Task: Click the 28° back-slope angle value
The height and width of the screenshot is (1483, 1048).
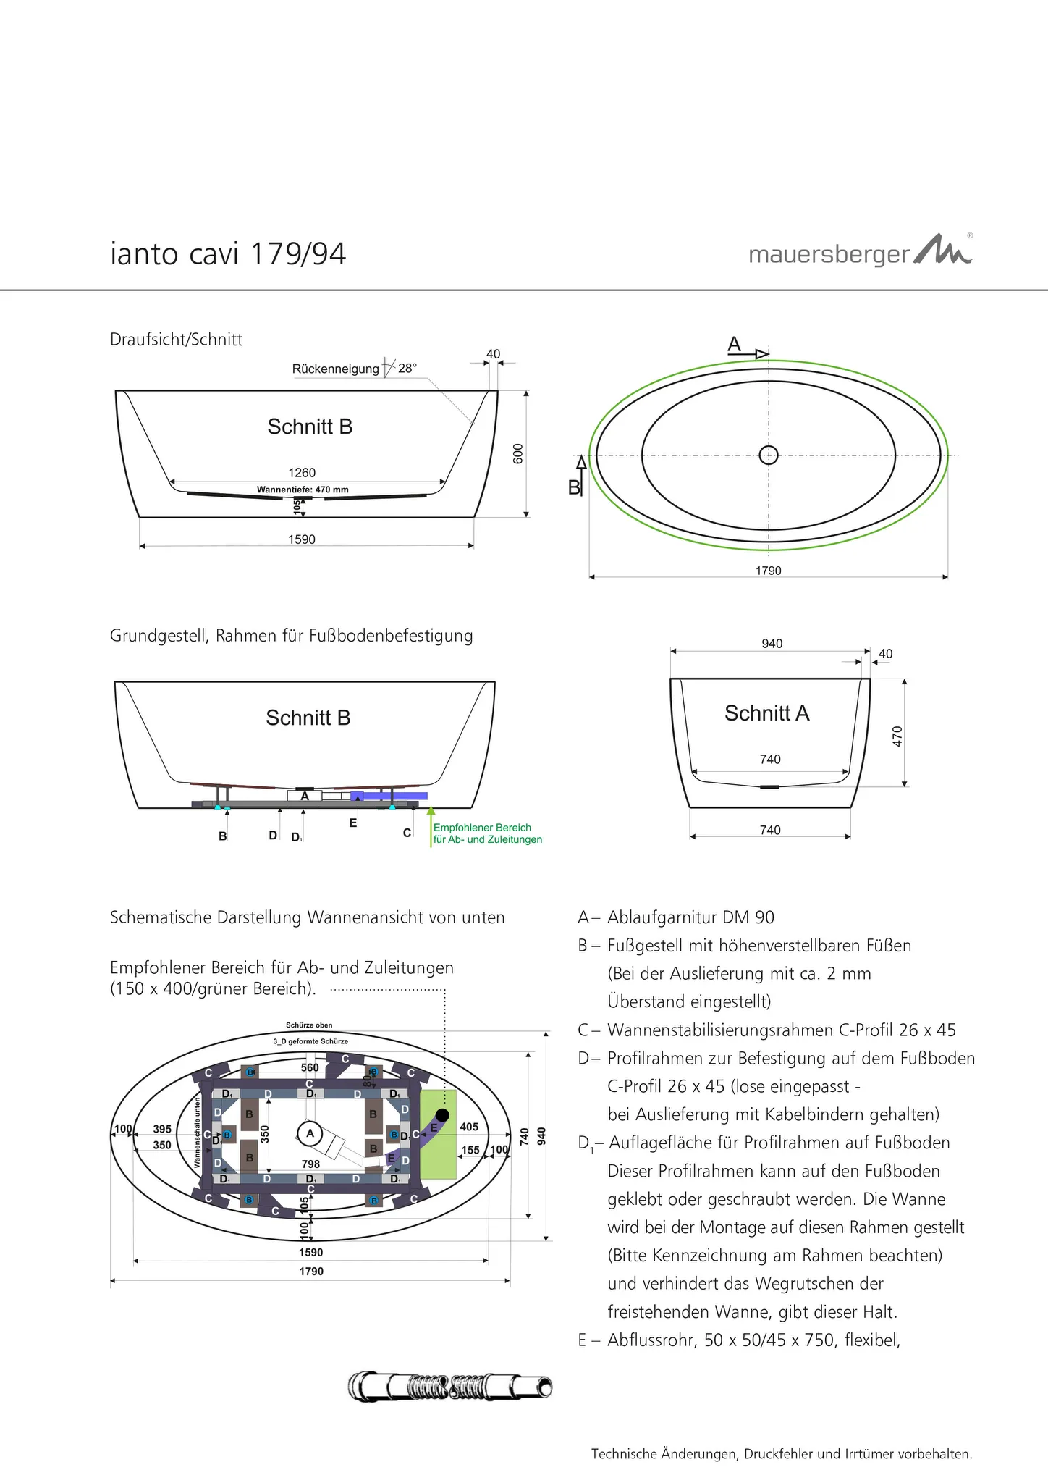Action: [x=407, y=369]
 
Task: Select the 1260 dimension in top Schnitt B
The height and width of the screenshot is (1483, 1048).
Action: [x=302, y=473]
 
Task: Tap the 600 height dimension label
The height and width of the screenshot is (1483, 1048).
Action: [x=517, y=453]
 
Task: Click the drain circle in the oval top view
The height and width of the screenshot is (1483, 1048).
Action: [x=768, y=455]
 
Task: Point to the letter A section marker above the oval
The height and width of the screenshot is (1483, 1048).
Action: [x=734, y=345]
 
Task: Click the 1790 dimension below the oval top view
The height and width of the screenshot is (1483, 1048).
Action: [x=768, y=571]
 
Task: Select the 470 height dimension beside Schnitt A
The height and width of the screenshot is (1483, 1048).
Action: [x=897, y=736]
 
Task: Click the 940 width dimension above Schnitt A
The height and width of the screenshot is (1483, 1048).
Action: [x=772, y=644]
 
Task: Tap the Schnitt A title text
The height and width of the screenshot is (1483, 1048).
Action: [x=766, y=713]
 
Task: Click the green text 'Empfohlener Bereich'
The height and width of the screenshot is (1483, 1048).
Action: [x=482, y=828]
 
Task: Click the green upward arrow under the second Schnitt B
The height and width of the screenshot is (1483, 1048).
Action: [x=431, y=825]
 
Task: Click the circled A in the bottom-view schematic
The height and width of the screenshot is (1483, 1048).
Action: [x=310, y=1133]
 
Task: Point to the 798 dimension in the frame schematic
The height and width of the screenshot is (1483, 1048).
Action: [x=310, y=1164]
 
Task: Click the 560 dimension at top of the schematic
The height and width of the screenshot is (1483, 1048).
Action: [x=310, y=1067]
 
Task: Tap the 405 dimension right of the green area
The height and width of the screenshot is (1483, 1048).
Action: [x=469, y=1127]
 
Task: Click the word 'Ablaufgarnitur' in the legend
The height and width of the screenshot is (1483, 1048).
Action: [x=656, y=917]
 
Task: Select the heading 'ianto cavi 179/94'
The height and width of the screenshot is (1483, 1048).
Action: [x=228, y=254]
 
